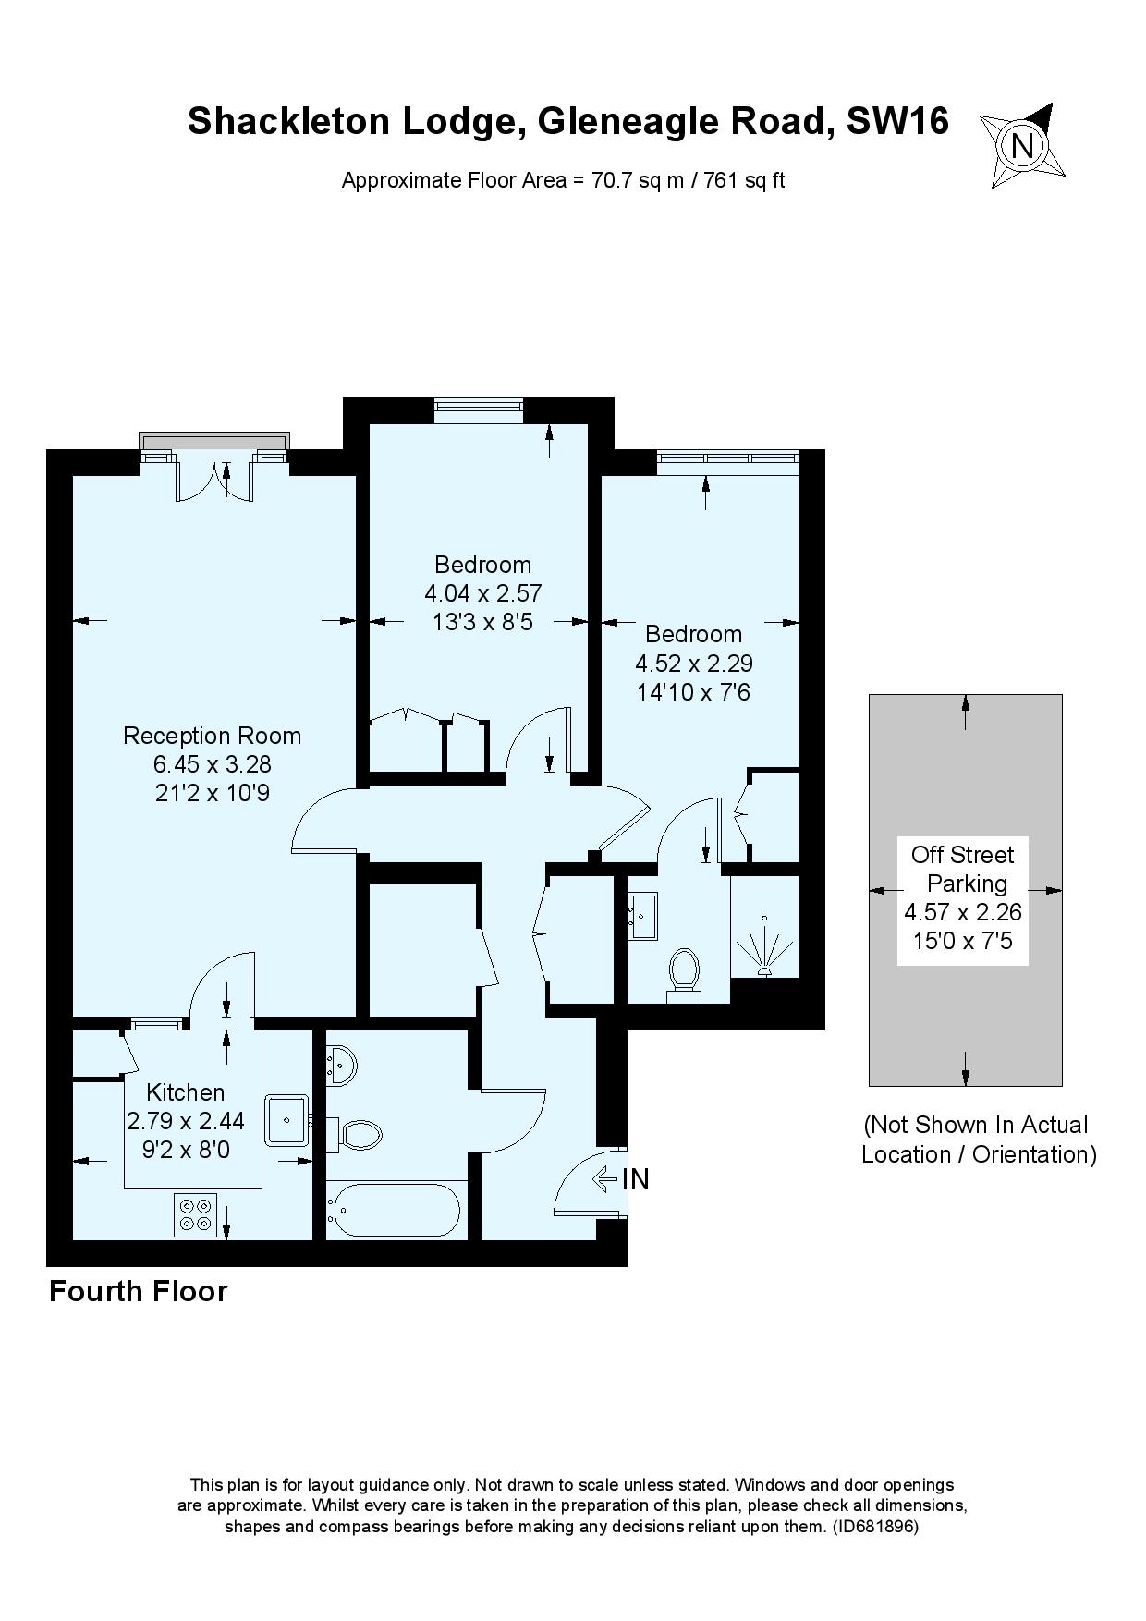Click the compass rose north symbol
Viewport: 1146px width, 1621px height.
[x=1021, y=146]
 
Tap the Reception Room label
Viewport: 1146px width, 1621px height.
[x=212, y=736]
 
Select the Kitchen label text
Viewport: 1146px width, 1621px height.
[x=186, y=1092]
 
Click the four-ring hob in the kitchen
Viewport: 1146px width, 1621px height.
[x=195, y=1215]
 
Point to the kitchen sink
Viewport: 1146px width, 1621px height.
[x=288, y=1120]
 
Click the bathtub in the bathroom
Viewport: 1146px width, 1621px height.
[x=393, y=1209]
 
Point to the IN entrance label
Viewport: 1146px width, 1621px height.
[x=635, y=1180]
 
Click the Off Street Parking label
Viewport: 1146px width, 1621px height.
[x=963, y=869]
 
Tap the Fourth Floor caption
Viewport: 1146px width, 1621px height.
[x=139, y=1291]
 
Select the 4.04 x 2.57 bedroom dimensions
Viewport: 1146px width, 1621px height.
[x=482, y=593]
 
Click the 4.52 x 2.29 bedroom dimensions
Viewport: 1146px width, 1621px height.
[x=694, y=663]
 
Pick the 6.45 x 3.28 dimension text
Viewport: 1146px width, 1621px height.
[x=212, y=764]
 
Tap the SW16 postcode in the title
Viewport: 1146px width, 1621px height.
[x=898, y=121]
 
